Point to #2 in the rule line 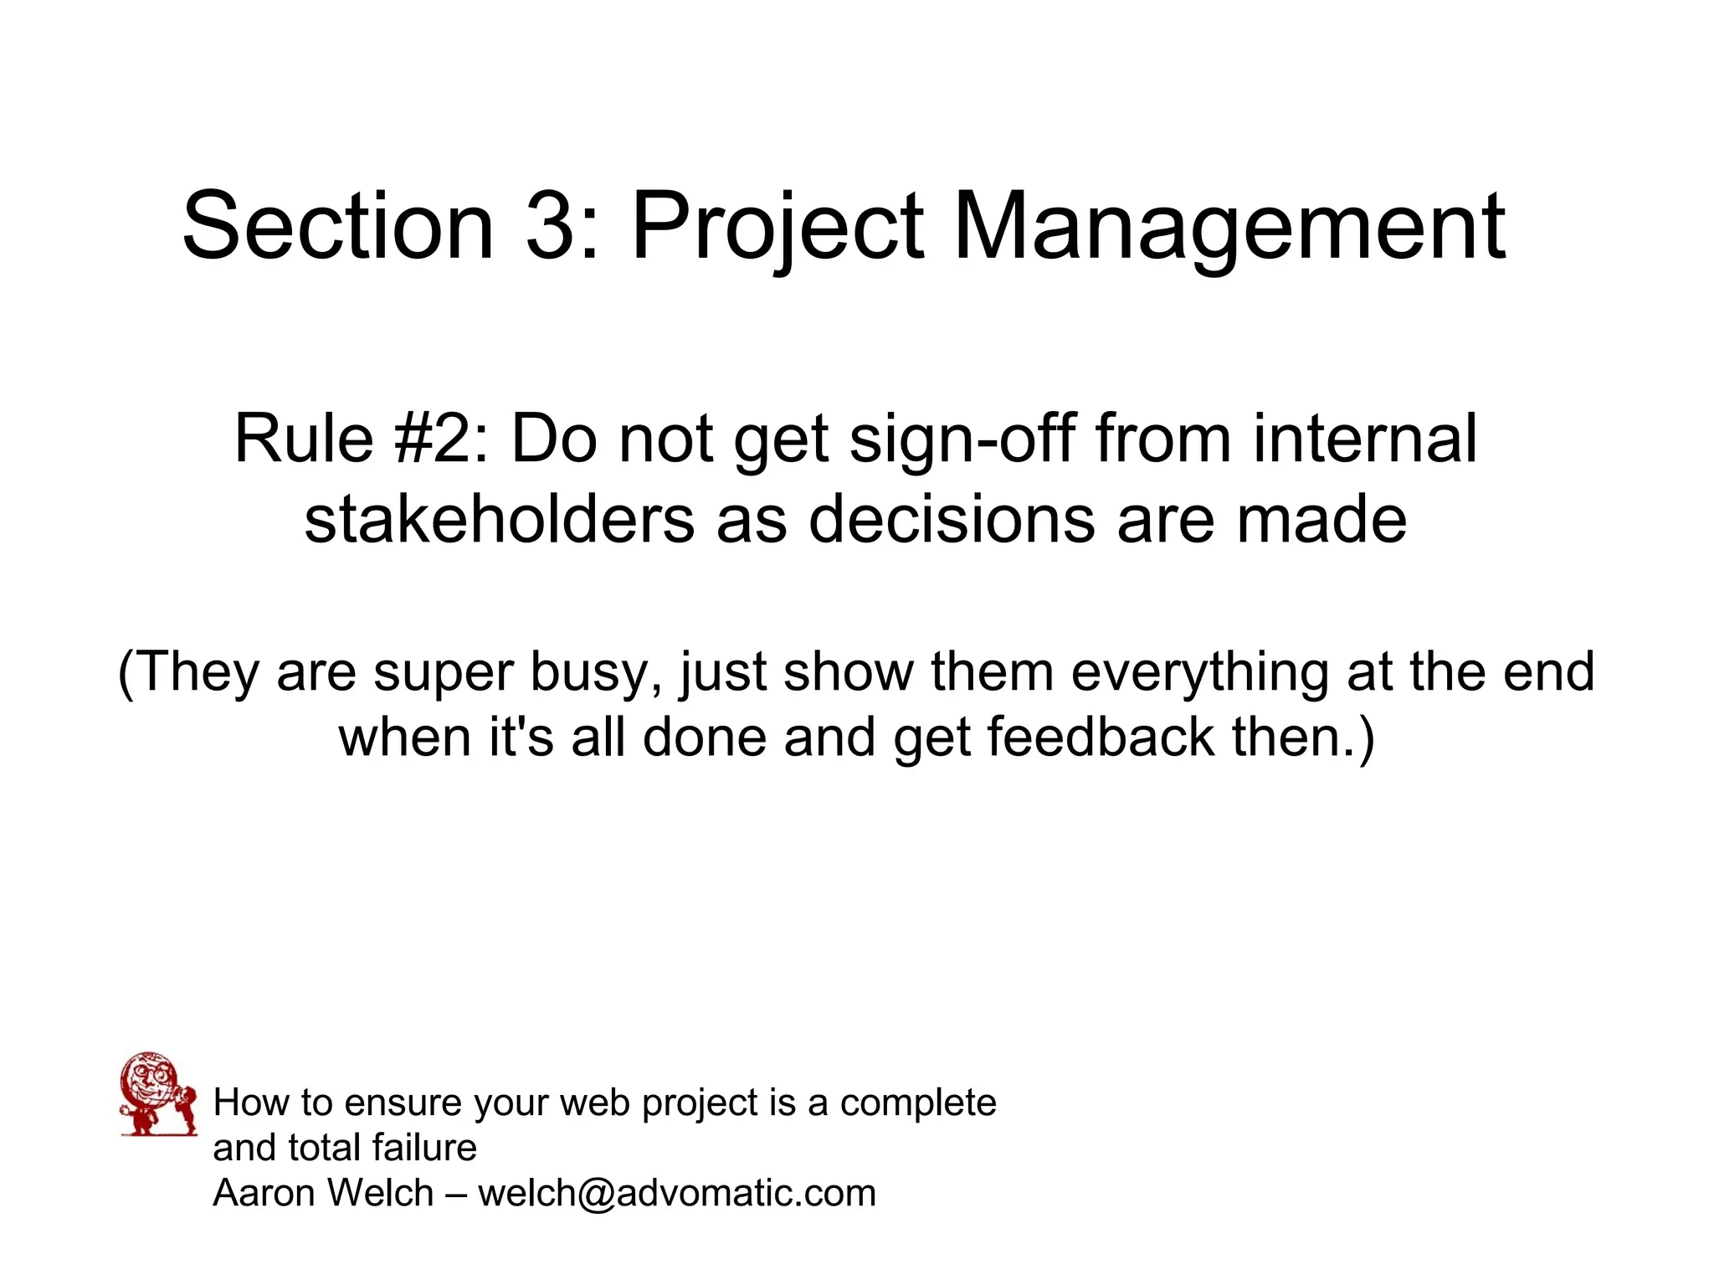[439, 439]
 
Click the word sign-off [962, 440]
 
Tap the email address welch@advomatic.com [676, 1193]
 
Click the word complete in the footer [918, 1104]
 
